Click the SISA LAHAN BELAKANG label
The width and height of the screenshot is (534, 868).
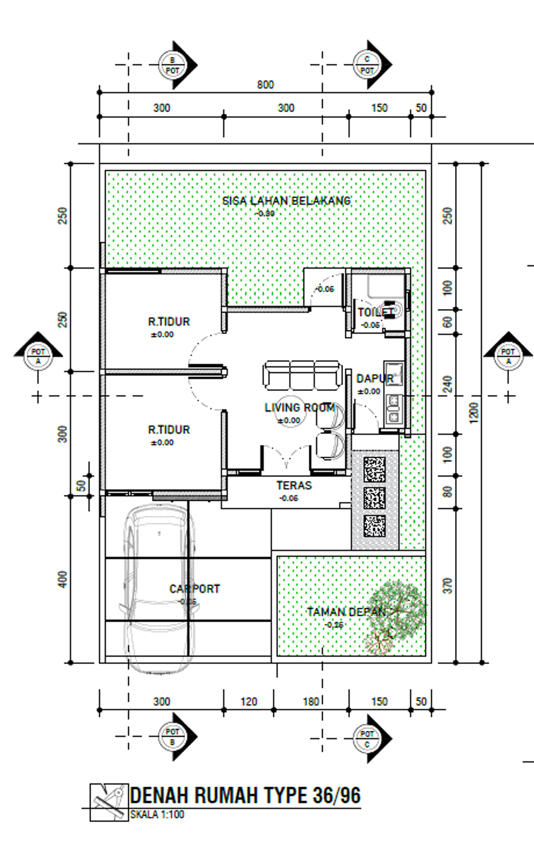click(286, 201)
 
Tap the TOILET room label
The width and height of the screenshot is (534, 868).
click(375, 313)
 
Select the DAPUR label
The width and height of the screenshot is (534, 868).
click(374, 378)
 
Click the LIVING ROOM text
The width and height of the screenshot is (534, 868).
click(299, 408)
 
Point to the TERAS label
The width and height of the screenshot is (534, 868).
click(294, 485)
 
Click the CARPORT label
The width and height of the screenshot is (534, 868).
click(195, 589)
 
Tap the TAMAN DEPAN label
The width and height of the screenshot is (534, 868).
click(346, 612)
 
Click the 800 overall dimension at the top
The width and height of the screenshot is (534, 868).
click(265, 85)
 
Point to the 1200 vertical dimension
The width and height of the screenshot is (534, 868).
click(474, 413)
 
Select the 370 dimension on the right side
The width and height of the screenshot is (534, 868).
click(447, 586)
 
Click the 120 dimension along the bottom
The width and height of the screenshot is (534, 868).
click(249, 701)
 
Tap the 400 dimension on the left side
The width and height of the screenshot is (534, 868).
click(63, 579)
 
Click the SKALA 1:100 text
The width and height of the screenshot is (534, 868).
click(157, 814)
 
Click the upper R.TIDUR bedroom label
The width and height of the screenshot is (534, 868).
click(169, 322)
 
